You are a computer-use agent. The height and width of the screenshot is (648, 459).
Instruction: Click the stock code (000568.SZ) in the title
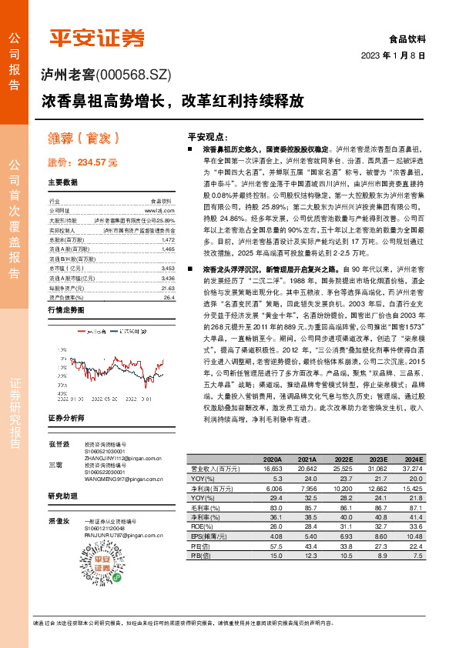coord(136,75)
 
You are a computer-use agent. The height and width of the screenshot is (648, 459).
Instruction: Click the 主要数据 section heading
coord(62,182)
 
